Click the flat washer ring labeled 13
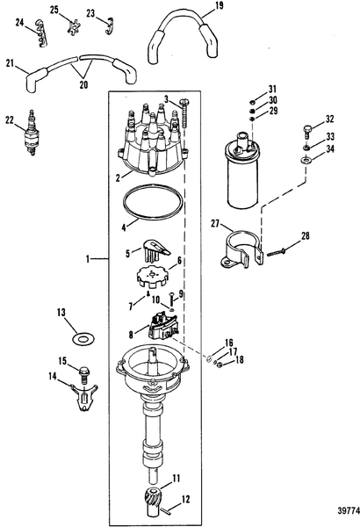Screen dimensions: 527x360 (x=82, y=337)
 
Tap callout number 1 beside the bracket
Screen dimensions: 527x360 (x=91, y=258)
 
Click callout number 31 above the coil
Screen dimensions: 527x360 (x=272, y=90)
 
